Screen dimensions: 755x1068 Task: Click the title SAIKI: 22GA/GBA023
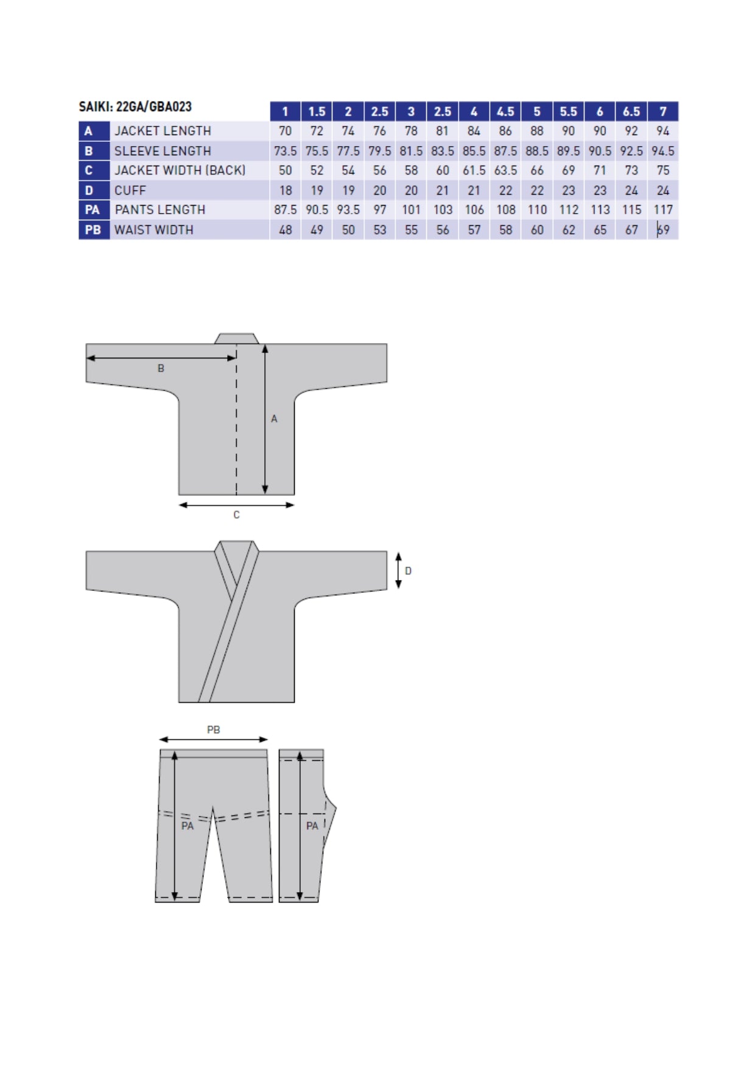tap(135, 107)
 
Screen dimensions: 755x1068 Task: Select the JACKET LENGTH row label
tap(163, 131)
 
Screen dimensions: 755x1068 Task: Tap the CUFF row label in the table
tap(130, 190)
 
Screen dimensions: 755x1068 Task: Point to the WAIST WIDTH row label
tap(154, 230)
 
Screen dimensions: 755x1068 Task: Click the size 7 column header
tap(663, 111)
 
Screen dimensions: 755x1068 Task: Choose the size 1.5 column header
tap(317, 111)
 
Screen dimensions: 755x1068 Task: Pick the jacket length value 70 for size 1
tap(285, 131)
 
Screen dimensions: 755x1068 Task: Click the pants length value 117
tap(663, 210)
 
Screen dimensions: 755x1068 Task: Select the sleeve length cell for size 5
tap(537, 151)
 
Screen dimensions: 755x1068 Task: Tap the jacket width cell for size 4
tap(474, 170)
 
